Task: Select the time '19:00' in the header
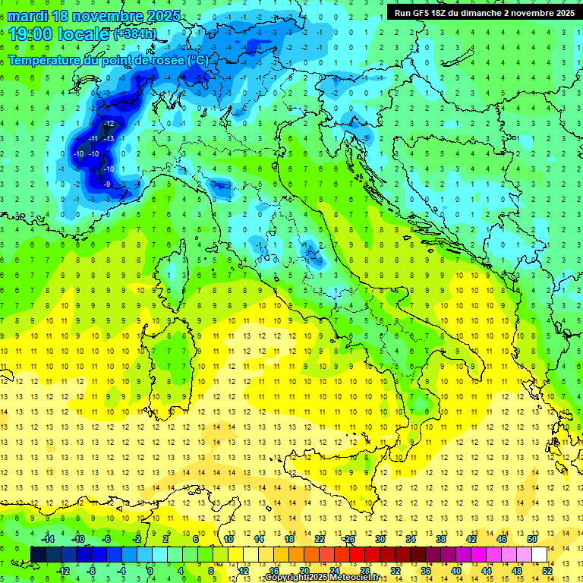tap(31, 34)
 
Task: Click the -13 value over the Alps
tap(109, 138)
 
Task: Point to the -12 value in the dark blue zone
tap(109, 123)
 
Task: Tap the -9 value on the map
tap(108, 184)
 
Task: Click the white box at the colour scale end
tap(539, 554)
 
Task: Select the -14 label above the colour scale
tap(49, 539)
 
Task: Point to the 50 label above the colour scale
tap(532, 539)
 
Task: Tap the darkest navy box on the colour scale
tap(38, 554)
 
